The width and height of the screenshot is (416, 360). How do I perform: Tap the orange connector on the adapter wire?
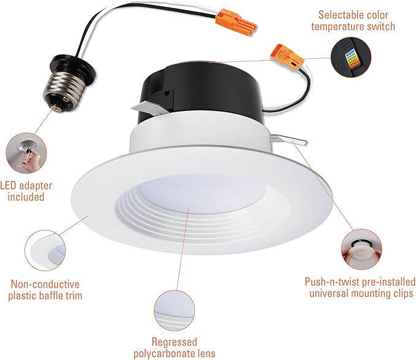coord(235,22)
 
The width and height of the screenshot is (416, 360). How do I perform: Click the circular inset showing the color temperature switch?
coord(350,57)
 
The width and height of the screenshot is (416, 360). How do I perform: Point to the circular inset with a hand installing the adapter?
coord(26,153)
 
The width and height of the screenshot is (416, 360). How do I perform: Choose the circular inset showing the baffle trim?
coord(45,250)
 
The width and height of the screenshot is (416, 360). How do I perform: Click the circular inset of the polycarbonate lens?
coord(174,310)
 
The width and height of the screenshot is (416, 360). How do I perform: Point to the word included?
coord(26,197)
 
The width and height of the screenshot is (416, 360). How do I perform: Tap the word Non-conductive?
coord(45,284)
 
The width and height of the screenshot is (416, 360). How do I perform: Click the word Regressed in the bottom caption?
coord(175,342)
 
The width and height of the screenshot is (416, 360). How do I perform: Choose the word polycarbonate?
coord(162,354)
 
